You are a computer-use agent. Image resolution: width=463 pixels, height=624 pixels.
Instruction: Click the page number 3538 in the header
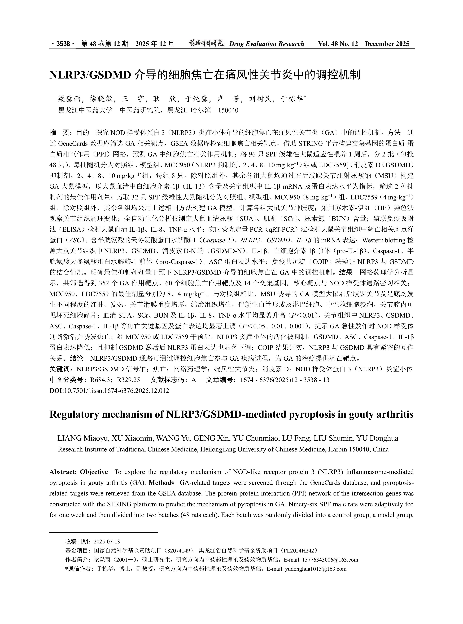[x=63, y=44]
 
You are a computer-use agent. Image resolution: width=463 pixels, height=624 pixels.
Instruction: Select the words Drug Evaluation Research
[x=266, y=44]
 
